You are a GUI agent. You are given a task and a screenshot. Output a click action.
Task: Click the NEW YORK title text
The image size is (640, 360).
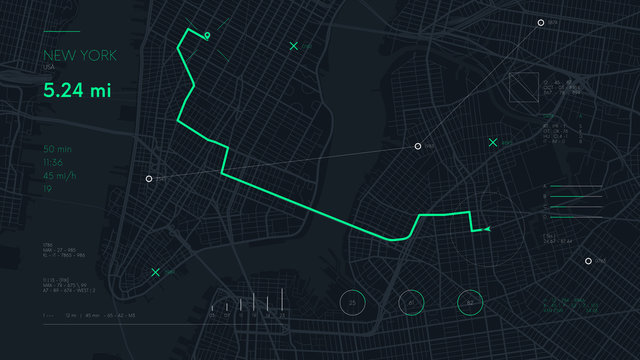(80, 55)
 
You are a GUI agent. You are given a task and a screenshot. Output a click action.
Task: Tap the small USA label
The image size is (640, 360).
(49, 67)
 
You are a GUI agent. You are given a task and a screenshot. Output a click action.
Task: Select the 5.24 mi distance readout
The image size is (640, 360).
(77, 90)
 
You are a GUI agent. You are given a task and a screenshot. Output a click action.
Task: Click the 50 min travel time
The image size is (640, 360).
(56, 149)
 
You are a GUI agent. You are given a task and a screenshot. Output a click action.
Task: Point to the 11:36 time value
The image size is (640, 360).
(53, 162)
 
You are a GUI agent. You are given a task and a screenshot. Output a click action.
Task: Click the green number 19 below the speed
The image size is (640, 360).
(47, 188)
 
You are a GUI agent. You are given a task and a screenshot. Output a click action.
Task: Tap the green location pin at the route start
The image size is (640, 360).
(207, 36)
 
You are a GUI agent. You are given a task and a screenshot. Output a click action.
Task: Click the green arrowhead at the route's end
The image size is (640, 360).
(487, 230)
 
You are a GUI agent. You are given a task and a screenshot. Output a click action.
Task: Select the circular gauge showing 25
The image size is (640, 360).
(353, 303)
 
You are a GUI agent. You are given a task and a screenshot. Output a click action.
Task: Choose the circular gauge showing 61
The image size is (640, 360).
(411, 303)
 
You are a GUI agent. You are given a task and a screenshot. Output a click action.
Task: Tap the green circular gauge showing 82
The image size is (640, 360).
(470, 303)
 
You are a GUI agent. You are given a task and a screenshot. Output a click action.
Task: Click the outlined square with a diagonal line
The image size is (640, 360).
(523, 87)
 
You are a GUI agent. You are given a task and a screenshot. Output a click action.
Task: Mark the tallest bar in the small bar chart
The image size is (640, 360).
(283, 300)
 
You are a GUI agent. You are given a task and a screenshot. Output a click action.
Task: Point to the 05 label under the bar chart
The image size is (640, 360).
(212, 315)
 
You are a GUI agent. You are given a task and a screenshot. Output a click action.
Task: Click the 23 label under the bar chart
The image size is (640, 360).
(283, 315)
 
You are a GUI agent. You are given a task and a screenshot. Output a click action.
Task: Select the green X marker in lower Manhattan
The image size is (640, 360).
(155, 272)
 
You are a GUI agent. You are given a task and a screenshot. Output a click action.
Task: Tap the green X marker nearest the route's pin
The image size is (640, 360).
(293, 46)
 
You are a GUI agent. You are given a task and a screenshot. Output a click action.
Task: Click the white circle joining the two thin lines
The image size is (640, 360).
(418, 146)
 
